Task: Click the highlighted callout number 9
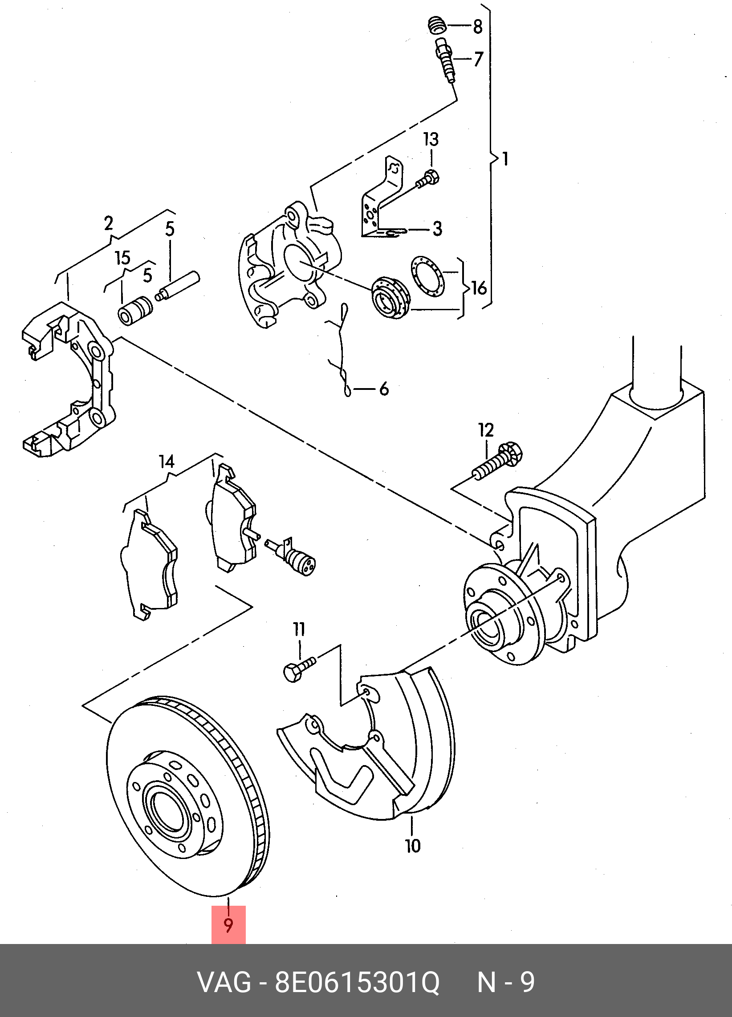click(x=228, y=924)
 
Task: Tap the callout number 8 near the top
click(x=478, y=27)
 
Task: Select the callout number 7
click(x=479, y=59)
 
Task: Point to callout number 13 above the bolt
click(x=431, y=139)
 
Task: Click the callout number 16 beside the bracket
click(x=479, y=288)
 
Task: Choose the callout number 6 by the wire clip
click(x=384, y=389)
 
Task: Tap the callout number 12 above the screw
click(x=486, y=430)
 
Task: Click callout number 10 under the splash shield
click(x=413, y=846)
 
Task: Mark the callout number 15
click(x=122, y=258)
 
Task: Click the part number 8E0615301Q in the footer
click(x=357, y=982)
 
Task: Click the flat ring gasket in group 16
click(x=426, y=276)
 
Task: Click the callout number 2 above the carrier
click(x=108, y=223)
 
